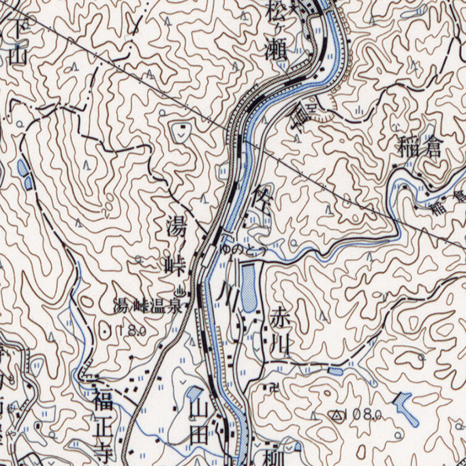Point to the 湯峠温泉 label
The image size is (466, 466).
148,307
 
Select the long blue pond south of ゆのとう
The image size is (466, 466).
249,285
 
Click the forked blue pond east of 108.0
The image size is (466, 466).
407,409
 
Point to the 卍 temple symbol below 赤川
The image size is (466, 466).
274,387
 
